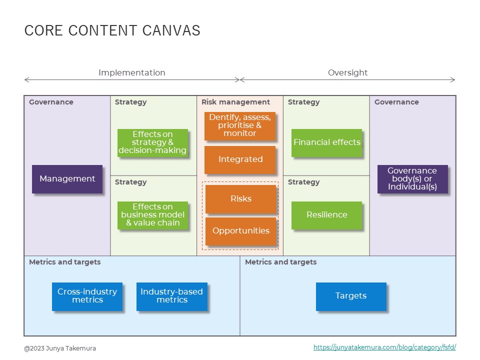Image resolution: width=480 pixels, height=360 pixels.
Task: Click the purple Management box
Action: tap(67, 179)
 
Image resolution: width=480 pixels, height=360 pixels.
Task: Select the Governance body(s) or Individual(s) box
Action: tap(412, 179)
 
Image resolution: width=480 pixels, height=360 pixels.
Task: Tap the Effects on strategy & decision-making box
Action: tap(152, 142)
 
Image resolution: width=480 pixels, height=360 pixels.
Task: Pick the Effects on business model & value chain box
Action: tap(152, 215)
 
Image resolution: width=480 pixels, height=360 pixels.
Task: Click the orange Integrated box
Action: tap(240, 159)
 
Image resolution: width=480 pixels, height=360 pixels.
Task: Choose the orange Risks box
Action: tap(240, 199)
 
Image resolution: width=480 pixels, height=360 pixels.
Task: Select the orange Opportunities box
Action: tap(240, 231)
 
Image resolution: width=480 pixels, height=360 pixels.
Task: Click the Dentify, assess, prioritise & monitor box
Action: tap(240, 125)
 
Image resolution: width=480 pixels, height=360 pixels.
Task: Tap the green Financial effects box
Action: tap(326, 142)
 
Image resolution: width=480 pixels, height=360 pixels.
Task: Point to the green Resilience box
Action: tap(326, 215)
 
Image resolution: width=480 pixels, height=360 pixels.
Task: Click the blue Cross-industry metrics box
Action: tap(87, 296)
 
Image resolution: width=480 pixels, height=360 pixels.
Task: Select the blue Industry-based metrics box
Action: tap(171, 296)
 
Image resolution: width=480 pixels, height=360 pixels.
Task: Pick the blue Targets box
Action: tap(350, 296)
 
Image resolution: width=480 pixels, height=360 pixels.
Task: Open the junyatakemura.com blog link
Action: tap(384, 347)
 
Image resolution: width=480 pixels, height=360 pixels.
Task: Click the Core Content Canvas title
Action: tap(112, 31)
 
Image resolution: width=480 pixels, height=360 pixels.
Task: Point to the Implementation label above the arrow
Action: tap(131, 73)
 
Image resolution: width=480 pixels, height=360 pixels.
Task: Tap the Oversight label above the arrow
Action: tap(347, 73)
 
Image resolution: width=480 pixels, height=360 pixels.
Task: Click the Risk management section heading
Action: tap(235, 102)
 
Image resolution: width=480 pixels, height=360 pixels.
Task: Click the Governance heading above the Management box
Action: tap(51, 102)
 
